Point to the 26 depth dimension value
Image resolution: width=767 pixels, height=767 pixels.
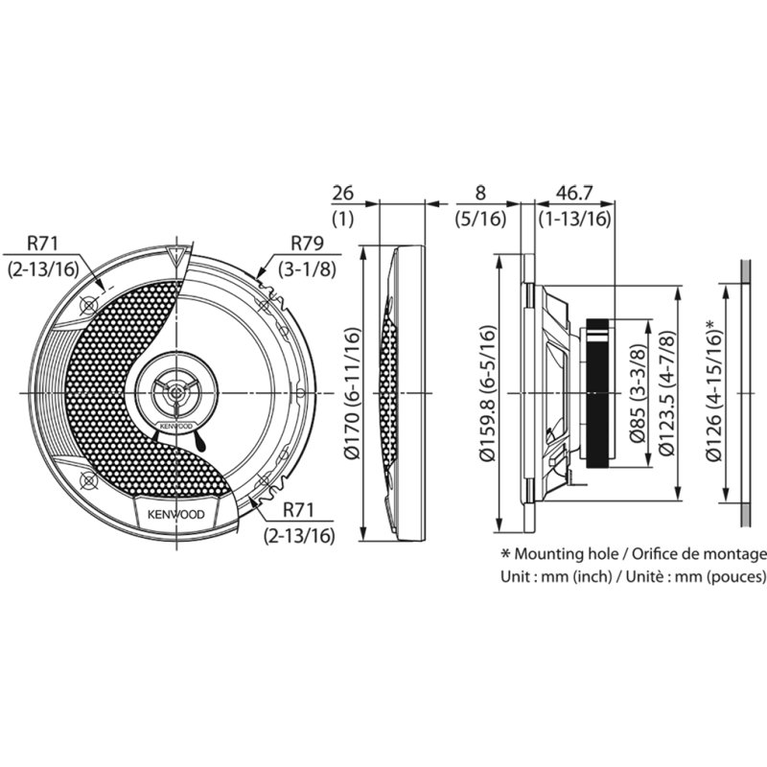click(342, 194)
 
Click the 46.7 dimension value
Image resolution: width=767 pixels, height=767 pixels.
click(573, 194)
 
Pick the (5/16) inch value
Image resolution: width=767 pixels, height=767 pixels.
click(480, 219)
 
